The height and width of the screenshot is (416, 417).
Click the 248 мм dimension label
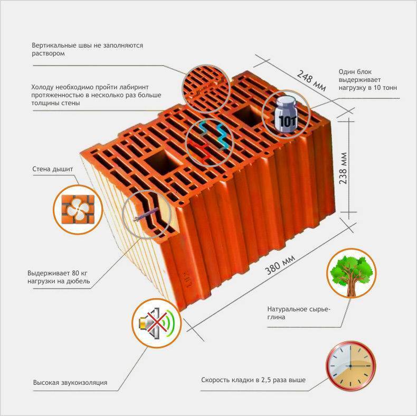click(311, 80)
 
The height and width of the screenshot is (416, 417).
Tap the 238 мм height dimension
click(343, 168)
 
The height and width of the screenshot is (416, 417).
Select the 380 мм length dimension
click(280, 264)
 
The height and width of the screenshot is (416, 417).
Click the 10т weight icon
click(286, 114)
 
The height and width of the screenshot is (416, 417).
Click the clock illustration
click(351, 366)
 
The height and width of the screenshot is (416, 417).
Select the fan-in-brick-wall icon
click(78, 209)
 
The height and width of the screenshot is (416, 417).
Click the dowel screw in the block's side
click(146, 215)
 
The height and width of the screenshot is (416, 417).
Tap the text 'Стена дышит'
click(53, 169)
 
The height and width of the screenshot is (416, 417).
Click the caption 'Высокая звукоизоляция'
click(70, 383)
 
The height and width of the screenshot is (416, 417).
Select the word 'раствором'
click(49, 53)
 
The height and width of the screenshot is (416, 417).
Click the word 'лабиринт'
click(134, 87)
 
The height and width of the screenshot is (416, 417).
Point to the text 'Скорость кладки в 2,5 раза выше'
click(253, 380)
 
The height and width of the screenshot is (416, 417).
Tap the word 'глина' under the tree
click(276, 317)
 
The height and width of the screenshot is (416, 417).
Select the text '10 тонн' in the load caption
click(385, 88)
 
